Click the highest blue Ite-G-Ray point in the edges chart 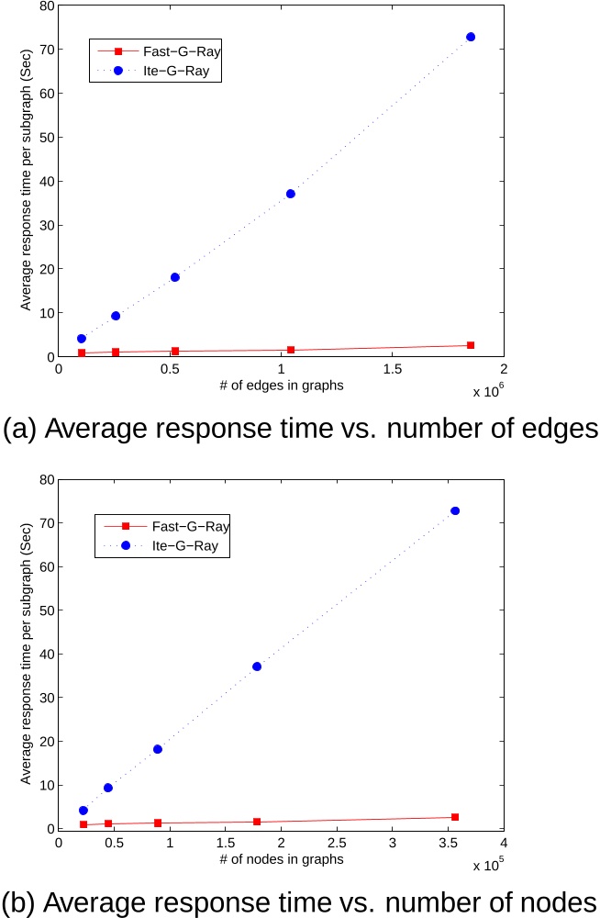click(x=471, y=37)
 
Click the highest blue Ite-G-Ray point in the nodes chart click(x=454, y=510)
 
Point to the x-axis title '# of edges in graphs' click(x=281, y=386)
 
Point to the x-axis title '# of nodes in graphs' click(x=281, y=859)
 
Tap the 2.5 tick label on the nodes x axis click(x=337, y=843)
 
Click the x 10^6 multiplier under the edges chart click(x=488, y=392)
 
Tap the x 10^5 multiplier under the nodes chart click(x=488, y=865)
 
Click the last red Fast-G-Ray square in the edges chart click(x=471, y=345)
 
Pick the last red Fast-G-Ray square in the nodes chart click(x=454, y=817)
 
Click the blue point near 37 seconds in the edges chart click(x=291, y=194)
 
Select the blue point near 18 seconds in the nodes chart click(x=158, y=749)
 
